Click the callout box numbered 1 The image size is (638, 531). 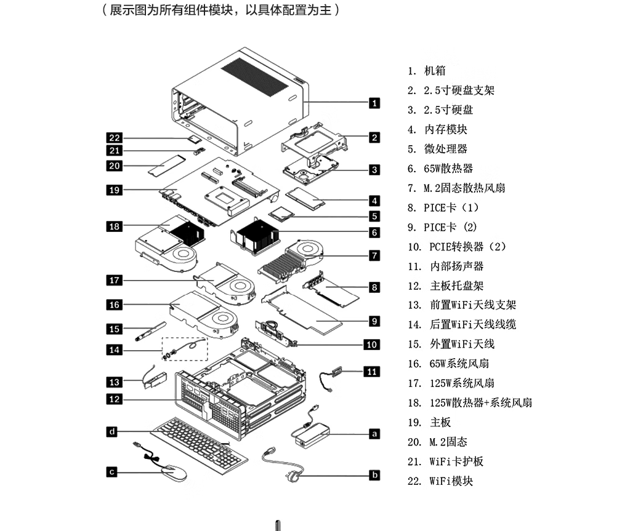pyautogui.click(x=374, y=103)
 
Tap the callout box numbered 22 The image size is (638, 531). pyautogui.click(x=115, y=138)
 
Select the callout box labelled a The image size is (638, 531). pyautogui.click(x=374, y=434)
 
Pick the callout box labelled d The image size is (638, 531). pyautogui.click(x=111, y=432)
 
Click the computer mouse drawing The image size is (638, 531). pyautogui.click(x=174, y=473)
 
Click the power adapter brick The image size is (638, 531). pyautogui.click(x=311, y=433)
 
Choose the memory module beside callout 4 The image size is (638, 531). pyautogui.click(x=305, y=198)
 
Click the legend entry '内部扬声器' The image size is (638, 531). pyautogui.click(x=457, y=266)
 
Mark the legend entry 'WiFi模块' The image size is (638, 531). pyautogui.click(x=451, y=481)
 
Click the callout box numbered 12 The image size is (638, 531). pyautogui.click(x=115, y=399)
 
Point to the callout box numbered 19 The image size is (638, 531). pyautogui.click(x=115, y=190)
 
